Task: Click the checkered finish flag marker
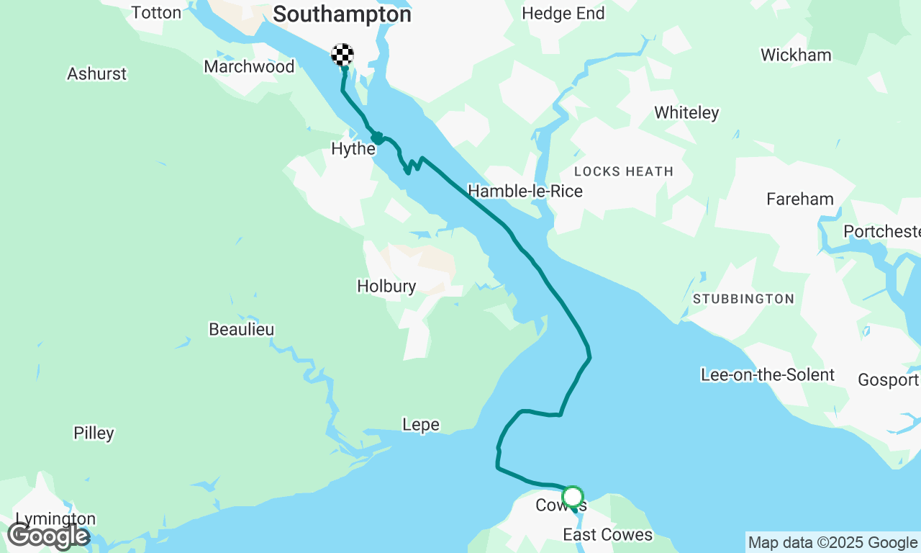point(342,55)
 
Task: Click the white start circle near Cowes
point(573,497)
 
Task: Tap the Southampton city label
point(342,14)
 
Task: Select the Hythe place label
point(353,149)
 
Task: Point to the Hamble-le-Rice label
point(525,191)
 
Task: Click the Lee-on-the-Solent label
point(768,374)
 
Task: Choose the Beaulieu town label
point(241,329)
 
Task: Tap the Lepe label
point(421,425)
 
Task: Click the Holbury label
point(386,286)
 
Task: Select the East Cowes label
point(607,534)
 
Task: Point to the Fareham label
point(800,199)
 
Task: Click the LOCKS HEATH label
point(624,171)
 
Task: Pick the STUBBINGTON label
point(743,299)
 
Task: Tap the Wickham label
point(796,55)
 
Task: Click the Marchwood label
point(249,66)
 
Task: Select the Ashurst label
point(96,73)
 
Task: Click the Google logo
point(48,536)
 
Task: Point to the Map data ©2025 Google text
point(832,543)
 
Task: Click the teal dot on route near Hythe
point(376,138)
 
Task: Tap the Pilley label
point(94,433)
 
